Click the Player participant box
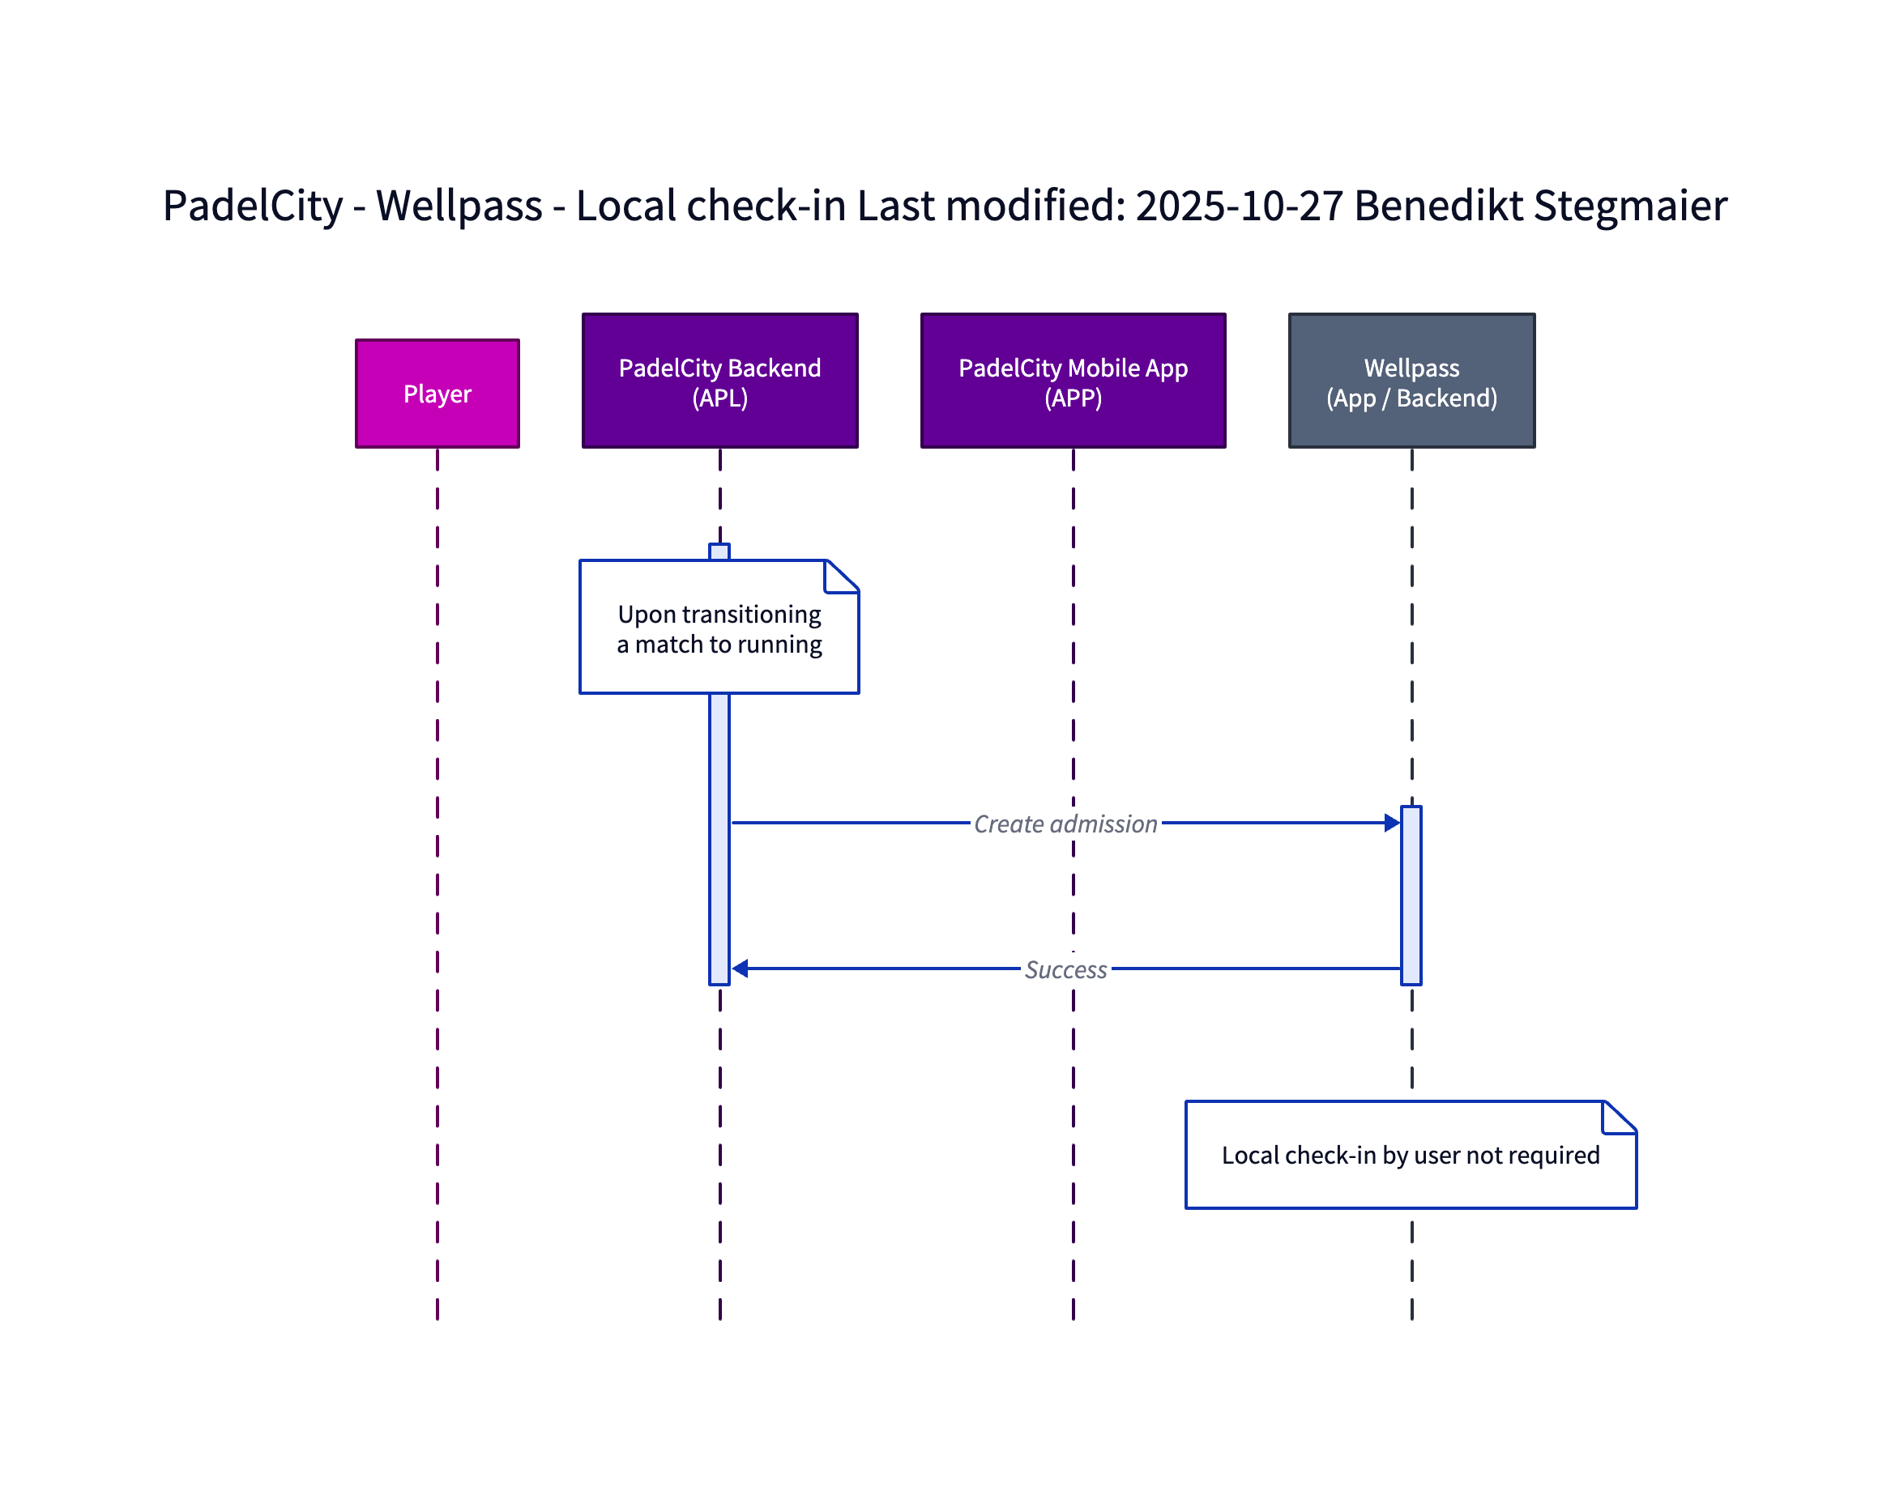click(x=437, y=394)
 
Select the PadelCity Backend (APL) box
click(x=719, y=381)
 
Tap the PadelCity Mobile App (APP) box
click(x=1072, y=381)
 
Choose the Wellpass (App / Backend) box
click(x=1411, y=381)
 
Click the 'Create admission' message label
click(x=1065, y=824)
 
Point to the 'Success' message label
click(x=1065, y=969)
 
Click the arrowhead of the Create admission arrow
click(x=1391, y=823)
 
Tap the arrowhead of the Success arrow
click(x=741, y=968)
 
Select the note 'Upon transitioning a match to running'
click(x=719, y=628)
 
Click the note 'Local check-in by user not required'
click(x=1410, y=1155)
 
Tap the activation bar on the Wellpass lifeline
click(x=1411, y=895)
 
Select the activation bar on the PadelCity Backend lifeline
click(x=719, y=833)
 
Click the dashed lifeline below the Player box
click(x=437, y=877)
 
